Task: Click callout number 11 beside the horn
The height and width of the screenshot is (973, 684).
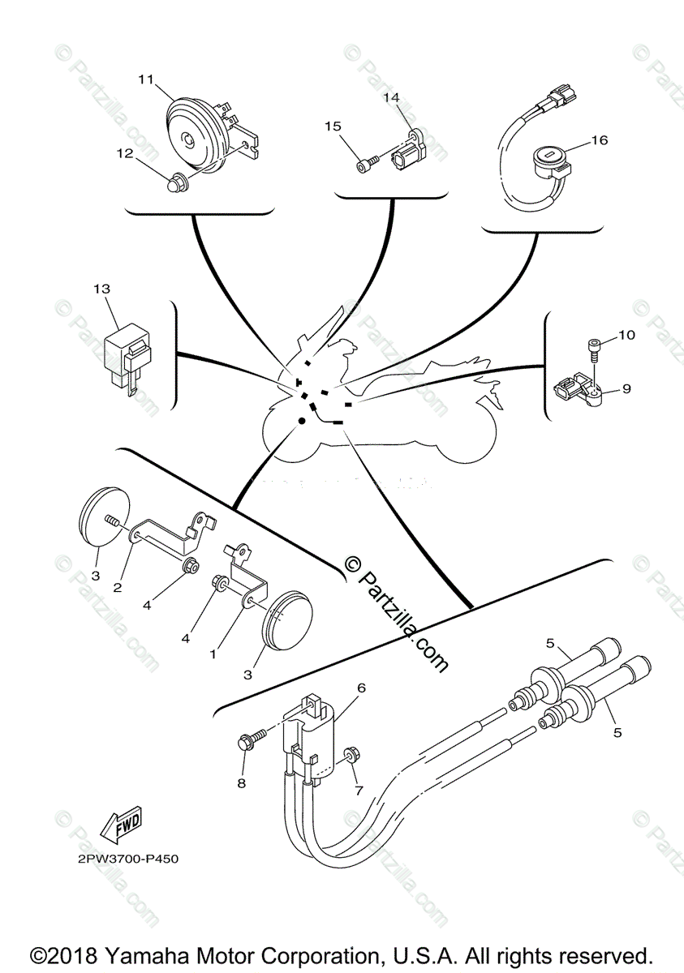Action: tap(145, 79)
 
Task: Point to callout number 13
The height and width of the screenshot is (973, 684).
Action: tap(101, 288)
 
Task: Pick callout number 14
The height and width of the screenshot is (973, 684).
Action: tap(392, 97)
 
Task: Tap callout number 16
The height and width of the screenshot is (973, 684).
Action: tap(599, 139)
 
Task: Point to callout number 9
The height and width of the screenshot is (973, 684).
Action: tap(626, 388)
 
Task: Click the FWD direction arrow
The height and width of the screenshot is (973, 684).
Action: tap(119, 825)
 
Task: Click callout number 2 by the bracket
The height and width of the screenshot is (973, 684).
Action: tap(118, 587)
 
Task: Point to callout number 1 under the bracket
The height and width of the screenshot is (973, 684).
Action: tap(213, 652)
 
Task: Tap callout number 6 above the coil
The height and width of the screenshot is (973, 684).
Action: tap(361, 688)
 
